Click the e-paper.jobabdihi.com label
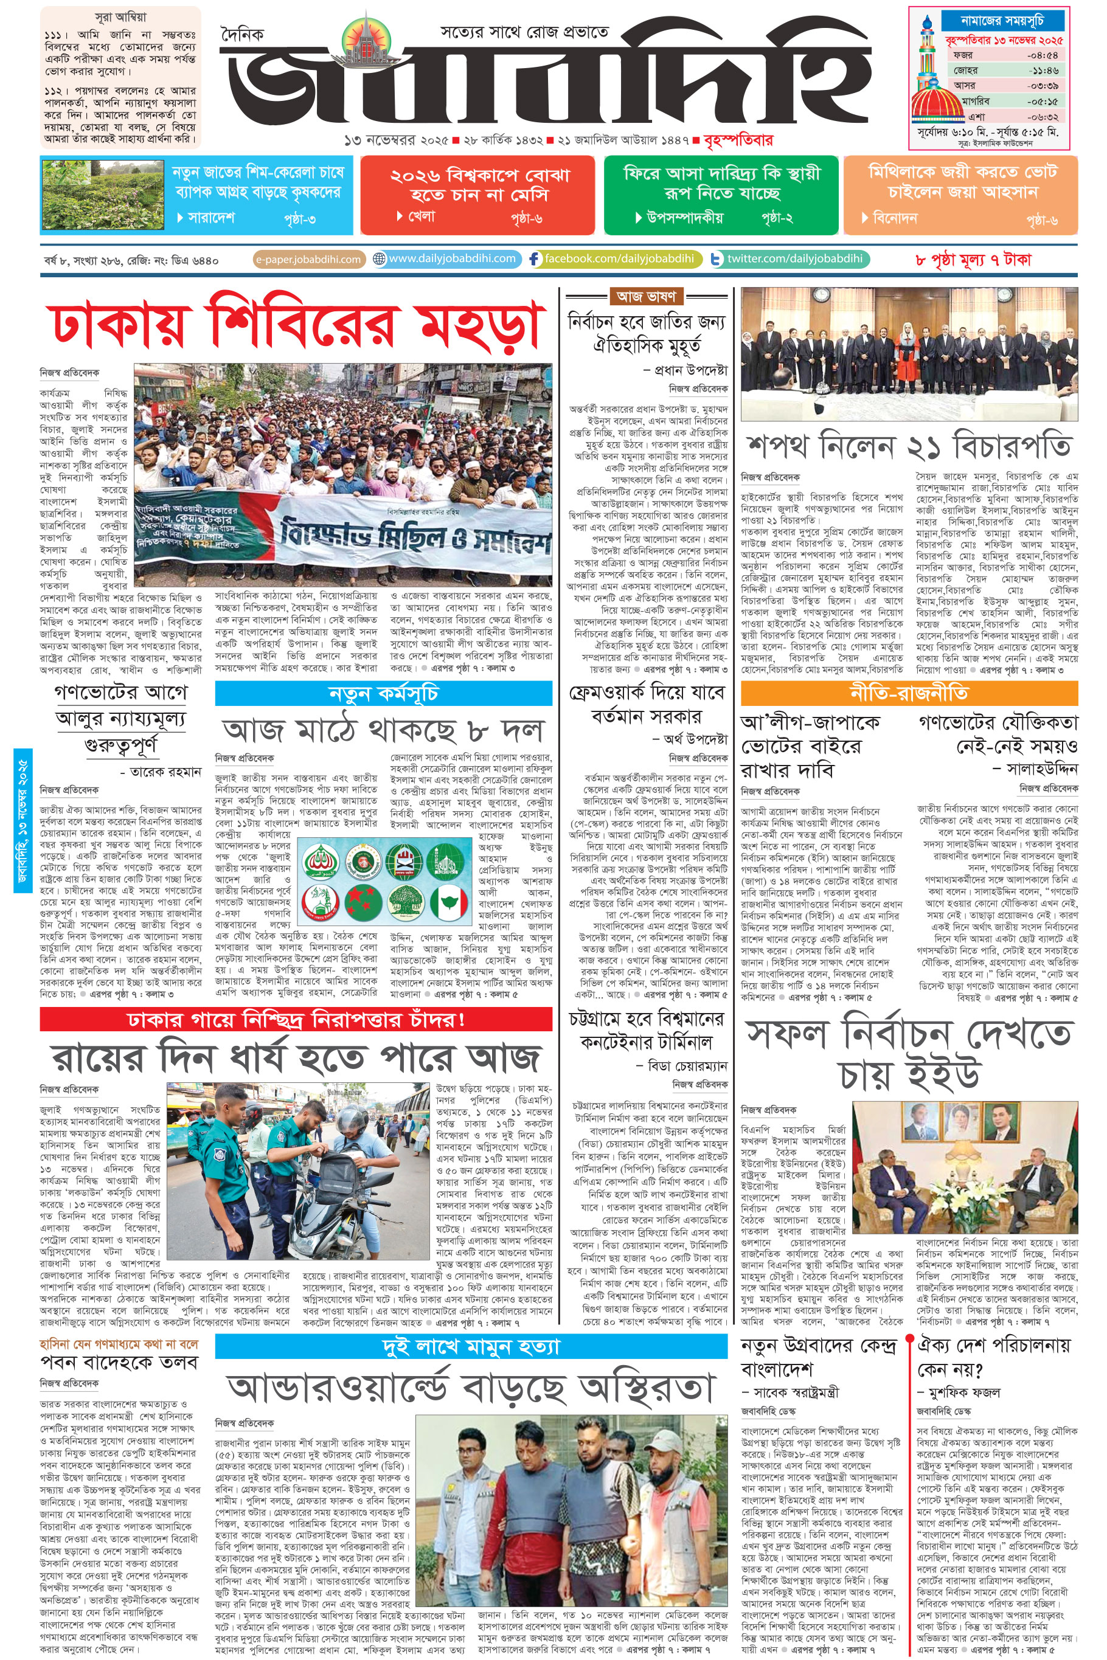pyautogui.click(x=308, y=259)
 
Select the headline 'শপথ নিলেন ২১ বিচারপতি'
pyautogui.click(x=909, y=447)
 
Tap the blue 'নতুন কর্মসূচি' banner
pyautogui.click(x=383, y=694)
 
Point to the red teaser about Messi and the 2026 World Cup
pyautogui.click(x=478, y=194)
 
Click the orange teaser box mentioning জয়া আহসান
pyautogui.click(x=961, y=194)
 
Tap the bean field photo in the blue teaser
pyautogui.click(x=104, y=194)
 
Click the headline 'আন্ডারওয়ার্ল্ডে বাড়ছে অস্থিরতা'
pyautogui.click(x=471, y=1388)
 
